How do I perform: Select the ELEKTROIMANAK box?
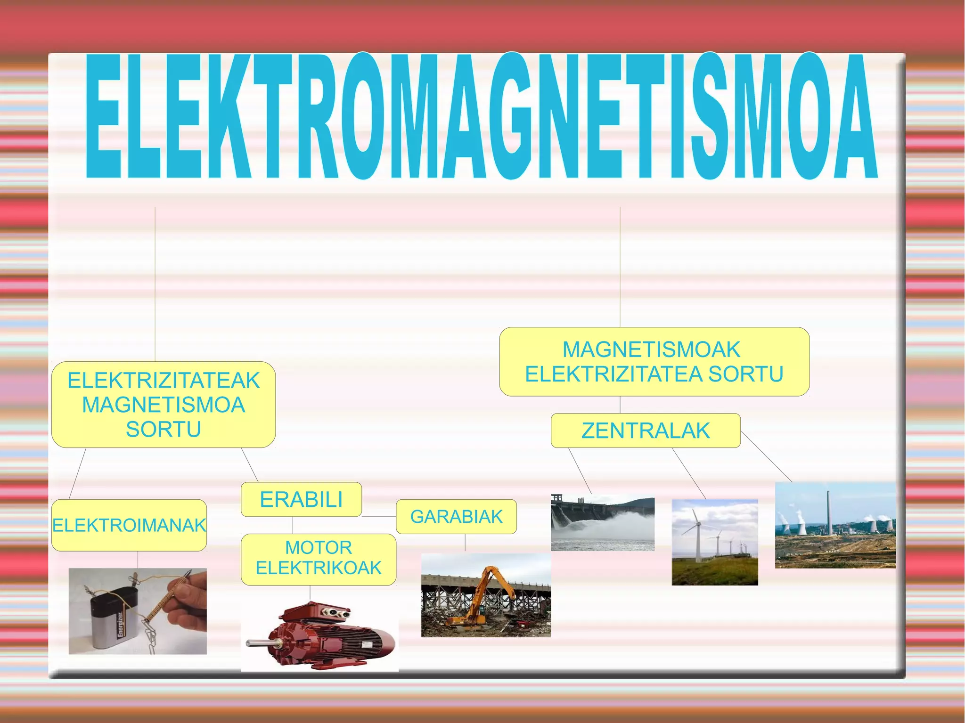click(129, 525)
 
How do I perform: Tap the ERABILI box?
click(301, 499)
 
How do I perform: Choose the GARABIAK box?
click(456, 517)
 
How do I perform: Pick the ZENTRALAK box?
click(646, 431)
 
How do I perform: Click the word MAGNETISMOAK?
click(651, 349)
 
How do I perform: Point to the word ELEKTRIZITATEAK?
click(164, 381)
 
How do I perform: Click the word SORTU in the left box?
click(164, 429)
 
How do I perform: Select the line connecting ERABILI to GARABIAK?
click(379, 517)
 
